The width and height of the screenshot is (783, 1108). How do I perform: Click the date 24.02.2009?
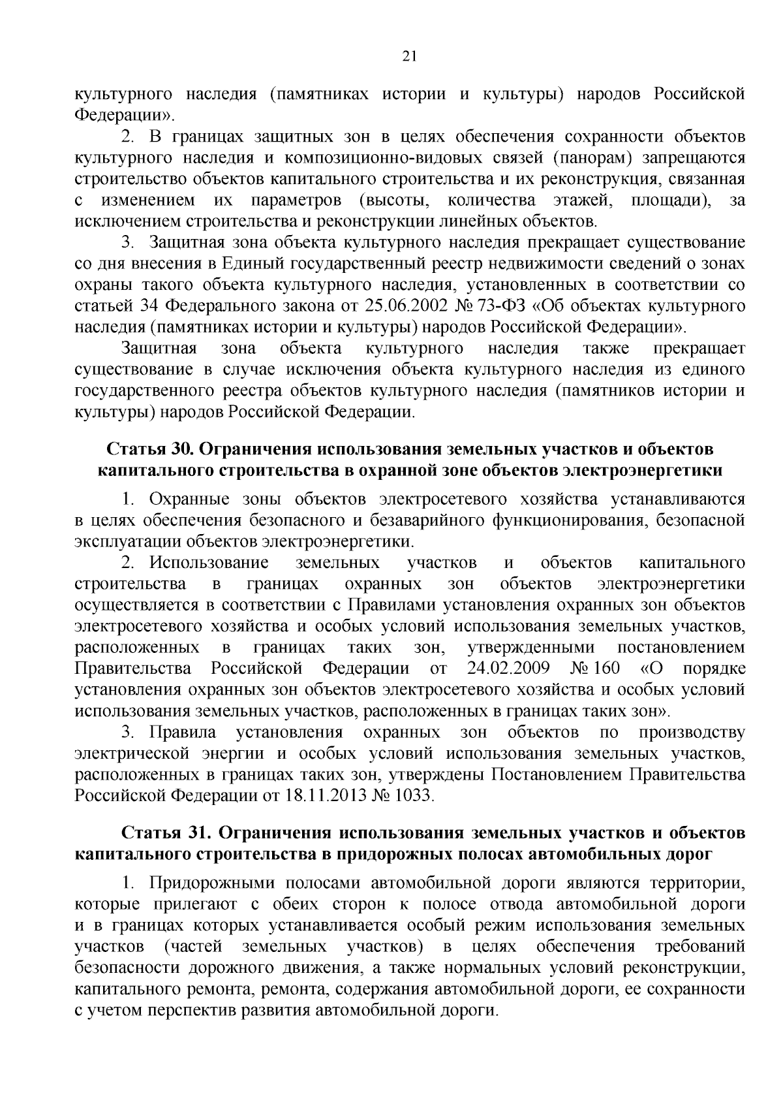[508, 669]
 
